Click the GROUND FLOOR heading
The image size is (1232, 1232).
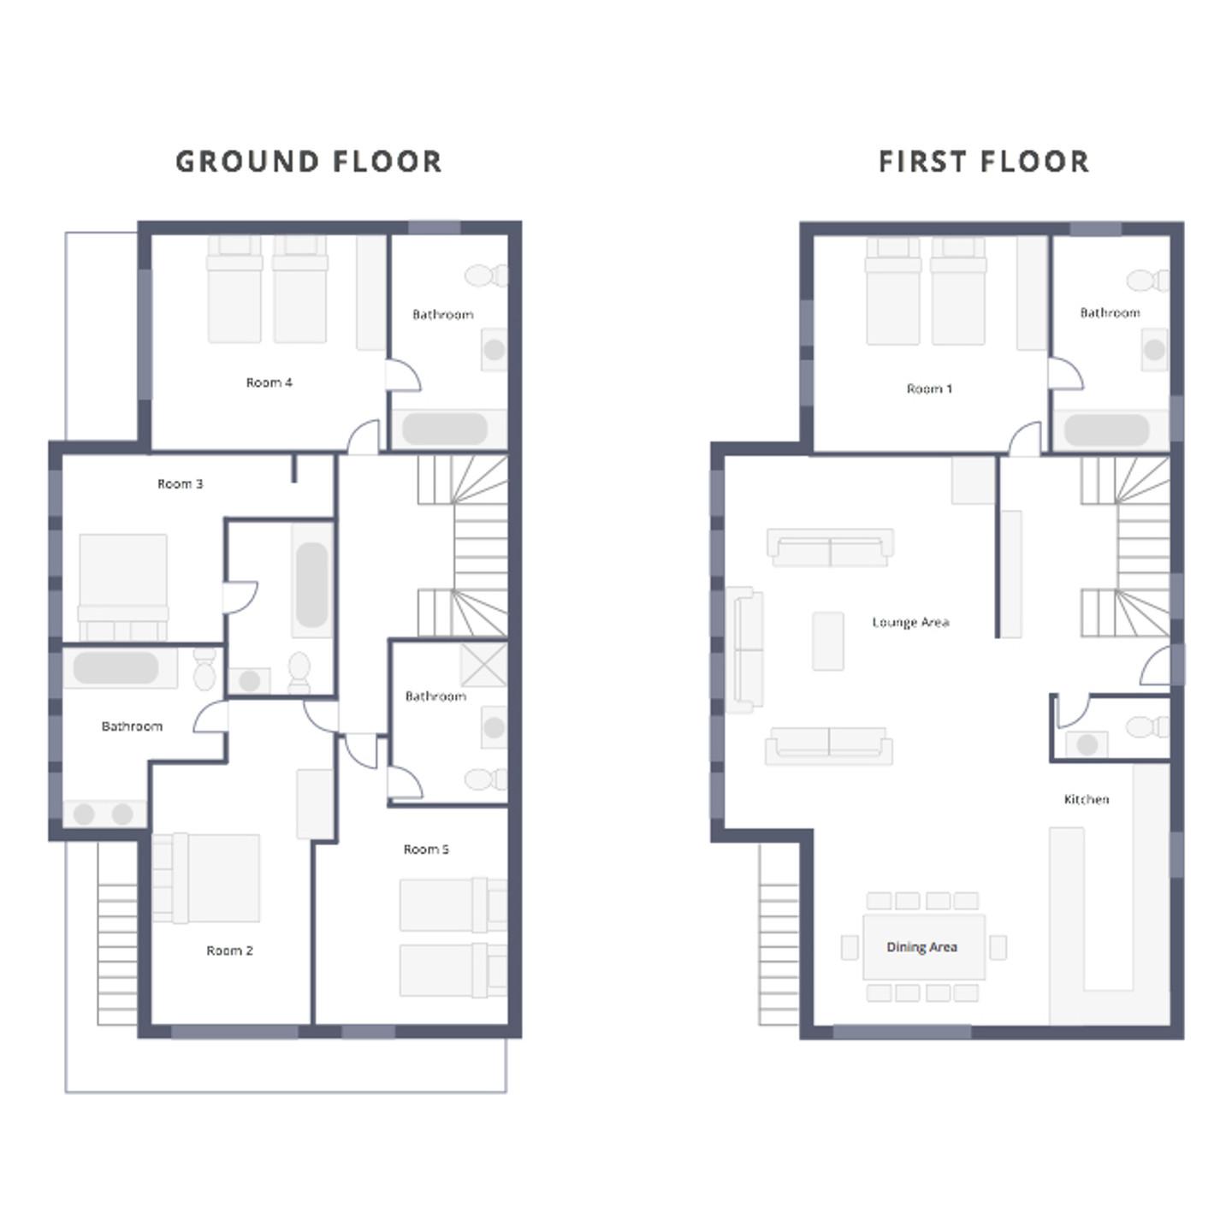pos(308,162)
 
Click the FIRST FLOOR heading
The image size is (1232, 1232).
pos(983,162)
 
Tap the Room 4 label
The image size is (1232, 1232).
pos(269,382)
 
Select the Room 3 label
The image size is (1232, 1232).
pos(181,484)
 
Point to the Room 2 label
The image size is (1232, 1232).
pos(229,951)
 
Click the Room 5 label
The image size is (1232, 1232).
pos(426,849)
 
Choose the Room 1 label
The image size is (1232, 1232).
pos(930,388)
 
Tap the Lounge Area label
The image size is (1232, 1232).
pos(910,622)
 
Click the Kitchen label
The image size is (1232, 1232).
pos(1087,799)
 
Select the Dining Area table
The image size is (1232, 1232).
pos(924,947)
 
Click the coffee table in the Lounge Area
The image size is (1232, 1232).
pos(828,641)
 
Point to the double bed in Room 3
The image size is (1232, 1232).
pos(123,587)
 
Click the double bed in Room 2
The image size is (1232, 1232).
pos(206,878)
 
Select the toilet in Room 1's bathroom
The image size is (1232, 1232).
pos(1148,280)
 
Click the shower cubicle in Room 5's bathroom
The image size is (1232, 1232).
pos(483,665)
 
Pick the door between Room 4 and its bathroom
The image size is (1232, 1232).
pos(403,376)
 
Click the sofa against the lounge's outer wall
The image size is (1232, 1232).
pos(745,649)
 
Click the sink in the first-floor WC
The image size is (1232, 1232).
pos(1087,744)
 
